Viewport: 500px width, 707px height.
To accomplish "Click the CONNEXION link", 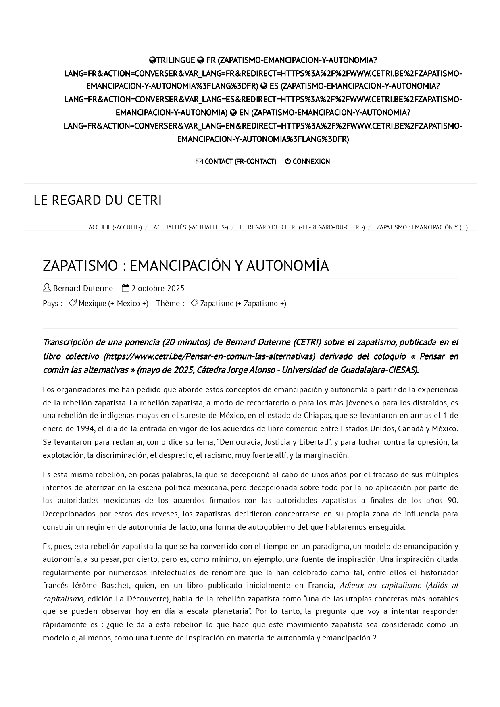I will pyautogui.click(x=311, y=161).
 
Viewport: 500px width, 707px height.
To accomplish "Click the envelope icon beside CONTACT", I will pyautogui.click(x=199, y=161).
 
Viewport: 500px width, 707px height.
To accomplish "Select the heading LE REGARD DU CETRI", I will pyautogui.click(x=98, y=200).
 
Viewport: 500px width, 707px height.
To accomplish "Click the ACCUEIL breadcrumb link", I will pyautogui.click(x=115, y=227).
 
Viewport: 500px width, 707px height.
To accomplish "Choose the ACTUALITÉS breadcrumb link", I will pyautogui.click(x=191, y=227).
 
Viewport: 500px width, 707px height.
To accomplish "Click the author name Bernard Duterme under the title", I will pyautogui.click(x=83, y=288).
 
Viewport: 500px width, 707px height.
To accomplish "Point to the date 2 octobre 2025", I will pyautogui.click(x=158, y=288).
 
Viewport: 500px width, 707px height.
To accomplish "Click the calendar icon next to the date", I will pyautogui.click(x=125, y=288).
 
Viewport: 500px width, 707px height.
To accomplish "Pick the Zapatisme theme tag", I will pyautogui.click(x=243, y=303).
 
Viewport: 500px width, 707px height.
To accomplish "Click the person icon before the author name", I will pyautogui.click(x=47, y=288).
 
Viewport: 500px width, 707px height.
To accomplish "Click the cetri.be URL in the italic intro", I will pyautogui.click(x=209, y=356).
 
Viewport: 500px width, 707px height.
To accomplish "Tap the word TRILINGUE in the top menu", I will pyautogui.click(x=175, y=60).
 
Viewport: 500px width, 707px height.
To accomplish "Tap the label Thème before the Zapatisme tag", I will pyautogui.click(x=170, y=303).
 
